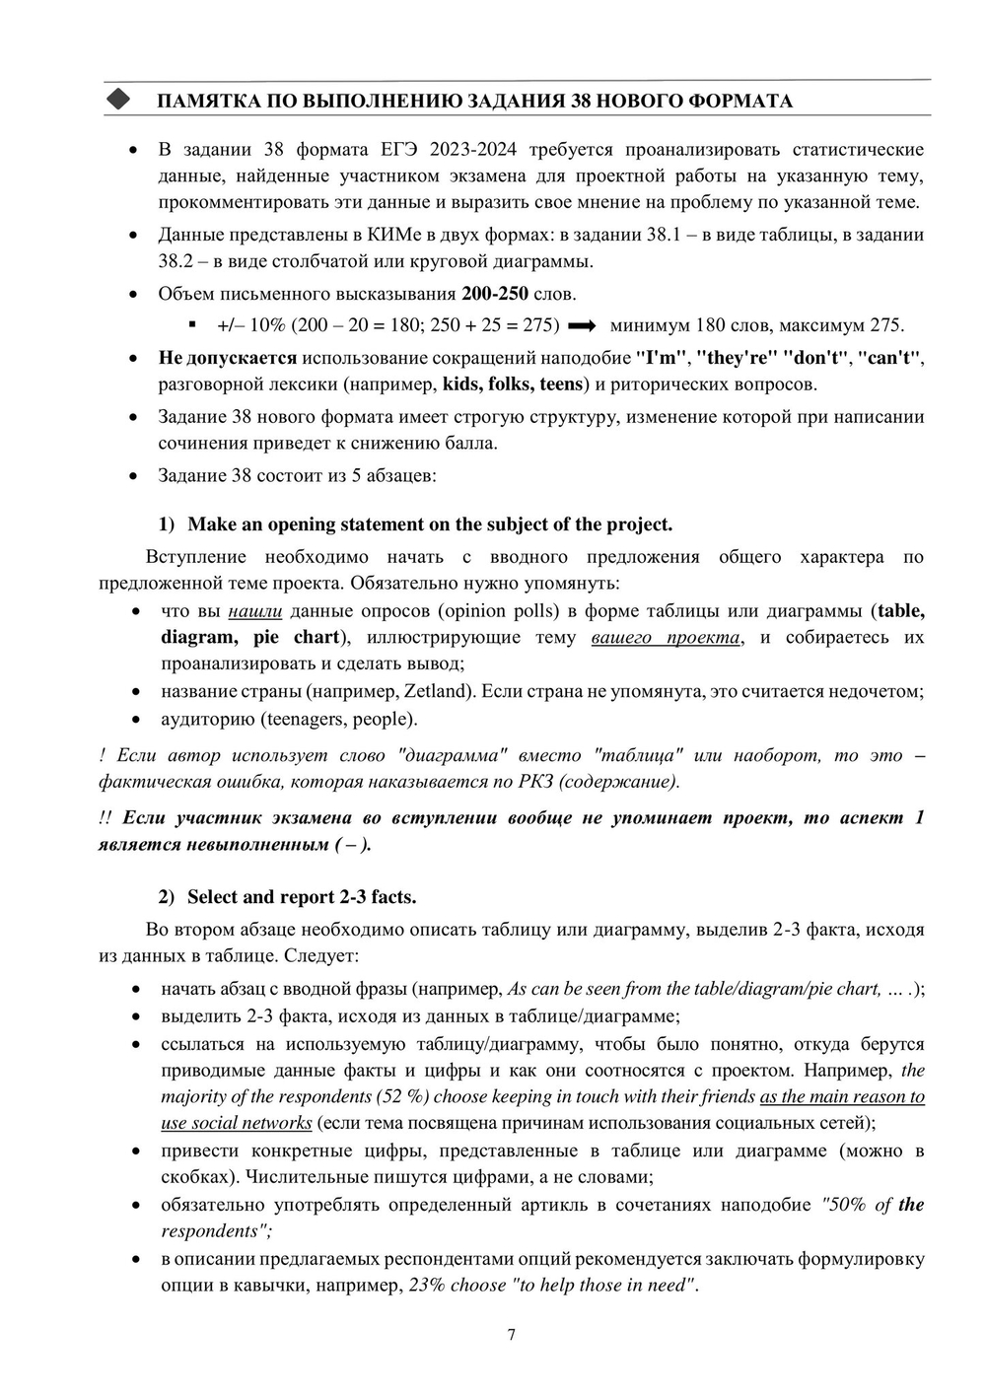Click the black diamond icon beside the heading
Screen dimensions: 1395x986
point(118,100)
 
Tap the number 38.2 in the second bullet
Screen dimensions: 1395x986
point(178,261)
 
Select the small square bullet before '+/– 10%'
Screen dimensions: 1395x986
point(192,323)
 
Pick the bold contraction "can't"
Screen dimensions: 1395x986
point(889,357)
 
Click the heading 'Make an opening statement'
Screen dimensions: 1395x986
point(429,523)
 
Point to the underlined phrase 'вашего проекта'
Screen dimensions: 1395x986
point(666,637)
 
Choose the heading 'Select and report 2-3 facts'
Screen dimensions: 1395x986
point(301,896)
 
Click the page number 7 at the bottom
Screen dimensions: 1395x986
point(511,1336)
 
